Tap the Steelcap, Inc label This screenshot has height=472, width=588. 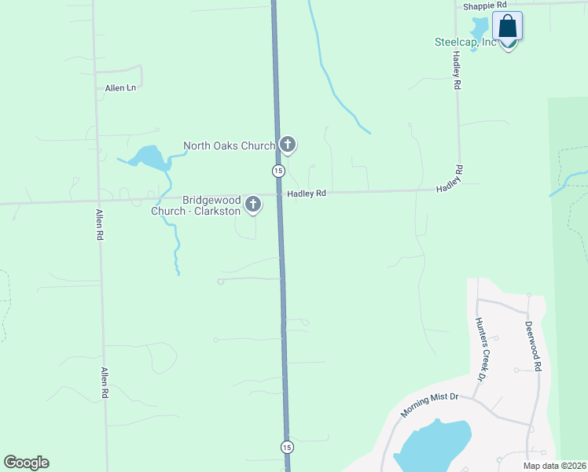point(465,42)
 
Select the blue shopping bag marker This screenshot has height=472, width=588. point(507,26)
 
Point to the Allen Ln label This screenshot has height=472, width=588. point(120,87)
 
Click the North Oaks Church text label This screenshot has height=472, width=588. point(229,146)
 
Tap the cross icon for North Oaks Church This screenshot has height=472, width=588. point(288,144)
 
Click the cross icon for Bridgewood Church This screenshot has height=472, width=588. point(253,205)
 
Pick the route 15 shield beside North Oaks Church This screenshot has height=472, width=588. point(278,171)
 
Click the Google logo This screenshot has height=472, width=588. point(26,463)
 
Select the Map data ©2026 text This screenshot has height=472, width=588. point(554,466)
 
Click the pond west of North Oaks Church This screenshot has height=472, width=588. point(148,158)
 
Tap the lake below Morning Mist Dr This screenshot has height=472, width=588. point(433,445)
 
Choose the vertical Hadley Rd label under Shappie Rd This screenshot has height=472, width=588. point(456,70)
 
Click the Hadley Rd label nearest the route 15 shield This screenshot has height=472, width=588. point(306,194)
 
